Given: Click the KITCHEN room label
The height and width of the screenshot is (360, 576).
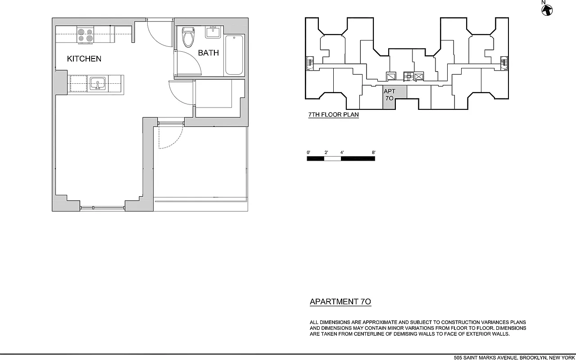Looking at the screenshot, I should point(84,59).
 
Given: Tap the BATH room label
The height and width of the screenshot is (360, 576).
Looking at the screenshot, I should point(209,53).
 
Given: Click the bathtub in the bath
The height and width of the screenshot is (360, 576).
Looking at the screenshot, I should point(234,55).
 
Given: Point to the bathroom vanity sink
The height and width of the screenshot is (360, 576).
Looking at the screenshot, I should point(213,32).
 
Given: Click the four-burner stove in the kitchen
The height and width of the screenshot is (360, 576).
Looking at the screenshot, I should point(85,36).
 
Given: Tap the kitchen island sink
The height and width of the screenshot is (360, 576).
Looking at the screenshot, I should point(98,84).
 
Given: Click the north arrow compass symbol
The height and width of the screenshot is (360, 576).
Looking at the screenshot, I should point(547,9).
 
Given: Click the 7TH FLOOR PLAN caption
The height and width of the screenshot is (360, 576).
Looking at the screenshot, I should point(333,115).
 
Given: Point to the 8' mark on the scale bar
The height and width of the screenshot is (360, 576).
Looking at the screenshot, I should point(374,153).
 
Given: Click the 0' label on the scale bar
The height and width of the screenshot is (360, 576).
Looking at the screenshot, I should point(308,153).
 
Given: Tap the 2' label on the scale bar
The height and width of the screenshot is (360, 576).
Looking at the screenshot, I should point(326,153).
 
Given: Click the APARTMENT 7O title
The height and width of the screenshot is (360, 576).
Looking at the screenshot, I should point(340,302).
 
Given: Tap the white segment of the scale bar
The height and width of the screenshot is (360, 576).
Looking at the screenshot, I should point(333,158).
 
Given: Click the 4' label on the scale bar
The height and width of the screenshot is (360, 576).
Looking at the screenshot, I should point(342,153).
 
